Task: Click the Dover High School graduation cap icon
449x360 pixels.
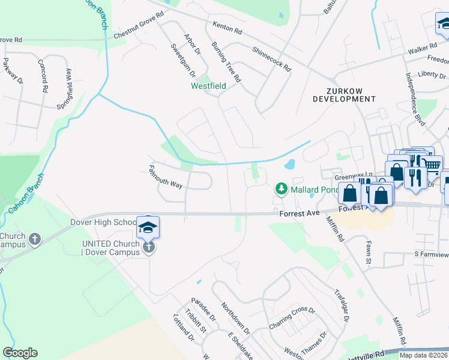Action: tap(148, 227)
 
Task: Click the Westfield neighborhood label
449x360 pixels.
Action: tap(208, 86)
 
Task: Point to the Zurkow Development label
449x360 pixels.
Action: tap(344, 94)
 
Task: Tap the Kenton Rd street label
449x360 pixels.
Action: tap(227, 28)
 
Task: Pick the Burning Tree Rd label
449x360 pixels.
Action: tap(226, 62)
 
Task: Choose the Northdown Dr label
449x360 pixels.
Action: tap(235, 318)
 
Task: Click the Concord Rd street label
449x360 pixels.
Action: tap(42, 76)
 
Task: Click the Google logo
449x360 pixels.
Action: tap(20, 353)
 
